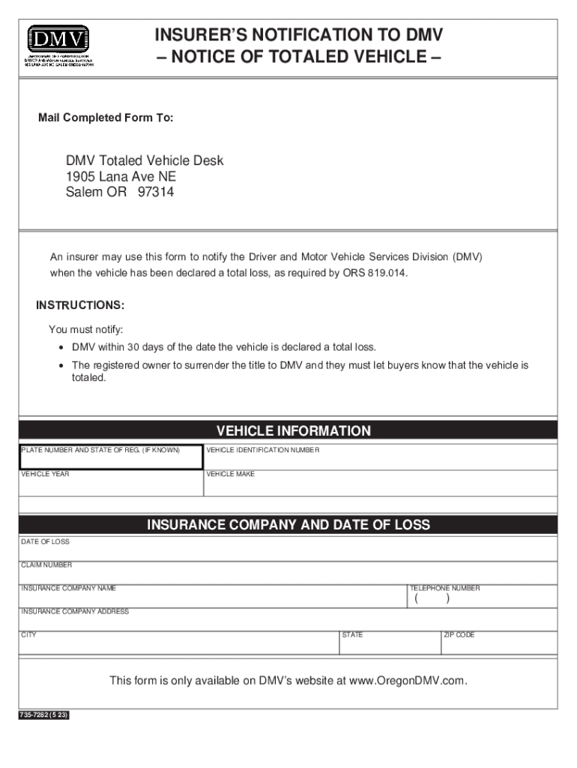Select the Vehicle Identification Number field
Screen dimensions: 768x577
381,460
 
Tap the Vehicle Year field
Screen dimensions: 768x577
111,486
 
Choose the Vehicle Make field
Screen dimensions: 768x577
381,486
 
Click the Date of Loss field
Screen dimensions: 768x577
288,552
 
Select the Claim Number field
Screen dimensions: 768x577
288,574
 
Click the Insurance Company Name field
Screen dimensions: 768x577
213,598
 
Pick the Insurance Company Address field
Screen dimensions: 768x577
288,622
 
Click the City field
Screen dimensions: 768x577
180,644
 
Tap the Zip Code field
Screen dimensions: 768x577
499,644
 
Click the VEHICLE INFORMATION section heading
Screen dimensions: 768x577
293,430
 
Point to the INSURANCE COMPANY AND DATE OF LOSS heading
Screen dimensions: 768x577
288,525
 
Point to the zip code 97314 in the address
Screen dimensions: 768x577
155,193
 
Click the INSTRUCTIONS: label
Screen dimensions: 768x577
80,305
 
